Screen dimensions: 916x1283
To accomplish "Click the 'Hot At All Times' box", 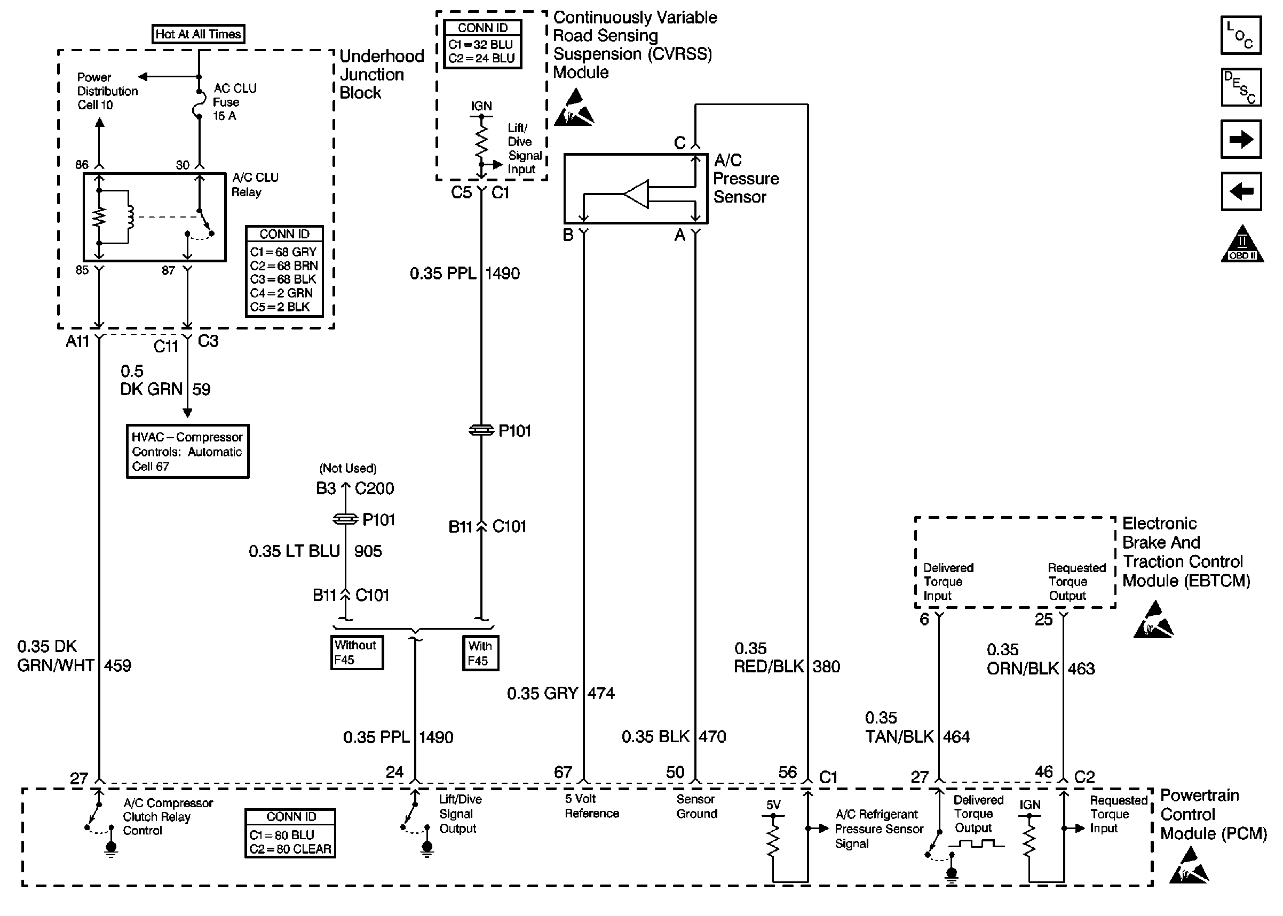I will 198,34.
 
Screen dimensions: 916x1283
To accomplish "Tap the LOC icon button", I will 1241,36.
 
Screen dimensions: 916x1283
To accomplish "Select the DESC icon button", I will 1241,87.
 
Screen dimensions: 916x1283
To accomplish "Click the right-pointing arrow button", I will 1241,139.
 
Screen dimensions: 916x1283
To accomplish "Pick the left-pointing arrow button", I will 1241,191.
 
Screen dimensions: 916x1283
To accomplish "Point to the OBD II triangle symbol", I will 1242,245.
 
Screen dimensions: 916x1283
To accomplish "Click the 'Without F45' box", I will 357,653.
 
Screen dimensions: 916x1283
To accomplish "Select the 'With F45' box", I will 480,653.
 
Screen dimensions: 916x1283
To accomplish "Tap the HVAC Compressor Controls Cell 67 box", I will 187,451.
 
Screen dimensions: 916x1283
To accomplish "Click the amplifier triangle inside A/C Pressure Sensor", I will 637,195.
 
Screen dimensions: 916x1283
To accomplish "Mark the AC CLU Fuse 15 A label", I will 234,102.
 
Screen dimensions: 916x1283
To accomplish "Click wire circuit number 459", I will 117,665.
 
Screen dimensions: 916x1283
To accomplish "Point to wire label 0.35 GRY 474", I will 560,693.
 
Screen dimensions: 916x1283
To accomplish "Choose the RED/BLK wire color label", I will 768,666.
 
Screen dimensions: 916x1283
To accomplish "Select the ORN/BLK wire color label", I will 1022,669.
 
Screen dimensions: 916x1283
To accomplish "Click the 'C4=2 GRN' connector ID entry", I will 281,293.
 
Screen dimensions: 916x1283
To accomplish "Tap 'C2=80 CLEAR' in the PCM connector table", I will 290,849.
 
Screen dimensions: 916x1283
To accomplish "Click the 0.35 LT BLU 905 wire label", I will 315,551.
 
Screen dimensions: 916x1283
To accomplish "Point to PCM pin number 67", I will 563,772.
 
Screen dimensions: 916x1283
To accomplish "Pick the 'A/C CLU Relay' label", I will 255,184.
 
